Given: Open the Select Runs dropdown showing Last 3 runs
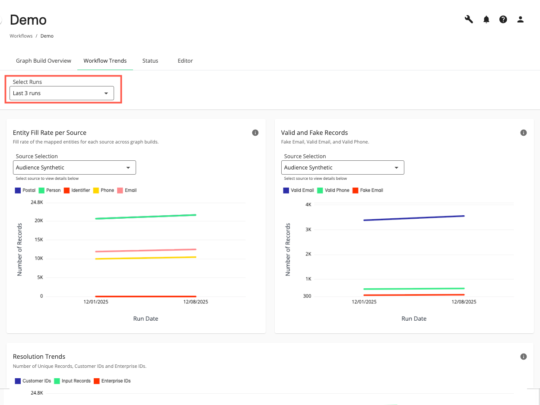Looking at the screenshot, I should [61, 93].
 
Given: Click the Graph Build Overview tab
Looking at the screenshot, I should [44, 61].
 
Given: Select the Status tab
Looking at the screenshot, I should [150, 61].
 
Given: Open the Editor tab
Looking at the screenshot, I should [185, 61].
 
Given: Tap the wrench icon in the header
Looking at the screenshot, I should [469, 19].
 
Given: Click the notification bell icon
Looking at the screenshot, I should [486, 19].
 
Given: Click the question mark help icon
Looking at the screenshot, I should [503, 19].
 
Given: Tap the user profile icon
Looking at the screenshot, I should [521, 19].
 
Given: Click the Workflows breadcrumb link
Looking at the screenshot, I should [21, 36].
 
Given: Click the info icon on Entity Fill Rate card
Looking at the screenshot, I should [255, 133].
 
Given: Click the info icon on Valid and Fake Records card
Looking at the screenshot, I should [524, 133].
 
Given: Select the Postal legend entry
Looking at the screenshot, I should [25, 190].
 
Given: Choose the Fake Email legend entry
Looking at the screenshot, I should [368, 190].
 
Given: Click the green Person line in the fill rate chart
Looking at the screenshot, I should [146, 217].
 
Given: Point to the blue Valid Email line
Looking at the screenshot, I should [414, 218].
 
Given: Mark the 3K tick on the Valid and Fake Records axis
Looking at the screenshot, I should [308, 230].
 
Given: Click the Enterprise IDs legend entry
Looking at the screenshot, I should [112, 381].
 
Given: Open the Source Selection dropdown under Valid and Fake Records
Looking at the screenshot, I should [343, 168].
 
